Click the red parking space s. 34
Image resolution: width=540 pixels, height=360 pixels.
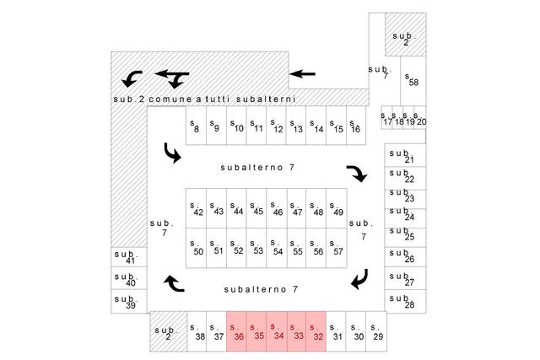277,331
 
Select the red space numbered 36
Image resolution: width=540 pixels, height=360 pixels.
236,331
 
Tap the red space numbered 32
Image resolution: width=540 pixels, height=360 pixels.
316,331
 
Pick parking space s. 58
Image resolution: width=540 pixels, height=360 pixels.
413,81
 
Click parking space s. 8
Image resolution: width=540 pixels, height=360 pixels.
196,126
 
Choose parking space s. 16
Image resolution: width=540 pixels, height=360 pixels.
356,126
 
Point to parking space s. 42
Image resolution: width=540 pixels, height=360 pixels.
196,208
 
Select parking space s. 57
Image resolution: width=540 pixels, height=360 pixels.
337,248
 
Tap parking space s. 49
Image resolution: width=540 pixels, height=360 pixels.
337,208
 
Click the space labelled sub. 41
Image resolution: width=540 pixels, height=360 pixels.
129,257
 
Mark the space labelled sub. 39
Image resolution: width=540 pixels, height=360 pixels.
129,301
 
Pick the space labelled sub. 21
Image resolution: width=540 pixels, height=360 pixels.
405,155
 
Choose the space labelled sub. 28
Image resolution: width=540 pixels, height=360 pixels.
405,301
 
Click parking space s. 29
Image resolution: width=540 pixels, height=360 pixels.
376,331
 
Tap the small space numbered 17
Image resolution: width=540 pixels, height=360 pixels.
386,117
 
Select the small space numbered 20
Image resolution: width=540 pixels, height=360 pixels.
420,117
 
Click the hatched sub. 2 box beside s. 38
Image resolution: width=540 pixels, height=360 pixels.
169,331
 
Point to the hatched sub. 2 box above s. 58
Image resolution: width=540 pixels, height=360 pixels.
406,35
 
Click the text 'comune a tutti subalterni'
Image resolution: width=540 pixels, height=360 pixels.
222,99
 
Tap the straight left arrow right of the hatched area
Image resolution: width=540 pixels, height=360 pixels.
302,73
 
